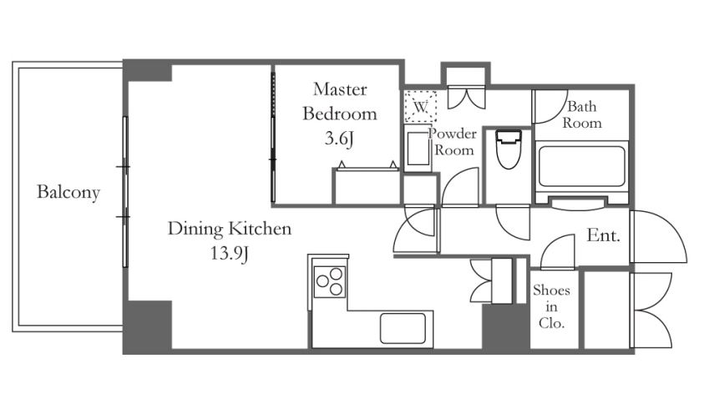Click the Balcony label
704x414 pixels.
point(68,193)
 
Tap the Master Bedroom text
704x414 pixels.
point(340,101)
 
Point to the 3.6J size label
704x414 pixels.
point(339,139)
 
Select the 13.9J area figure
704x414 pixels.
point(230,254)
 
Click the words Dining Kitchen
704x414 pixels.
point(230,229)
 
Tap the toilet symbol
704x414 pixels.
point(509,149)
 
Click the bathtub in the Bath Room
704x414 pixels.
point(581,166)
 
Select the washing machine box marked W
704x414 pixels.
point(420,107)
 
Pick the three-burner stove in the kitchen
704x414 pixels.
point(330,281)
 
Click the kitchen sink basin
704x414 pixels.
point(403,328)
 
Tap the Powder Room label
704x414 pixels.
point(453,142)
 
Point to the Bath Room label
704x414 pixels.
point(582,114)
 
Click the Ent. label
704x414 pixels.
point(604,235)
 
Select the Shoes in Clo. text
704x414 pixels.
point(551,307)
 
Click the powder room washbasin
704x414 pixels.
point(418,149)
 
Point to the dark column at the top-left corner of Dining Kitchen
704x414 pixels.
point(148,71)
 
